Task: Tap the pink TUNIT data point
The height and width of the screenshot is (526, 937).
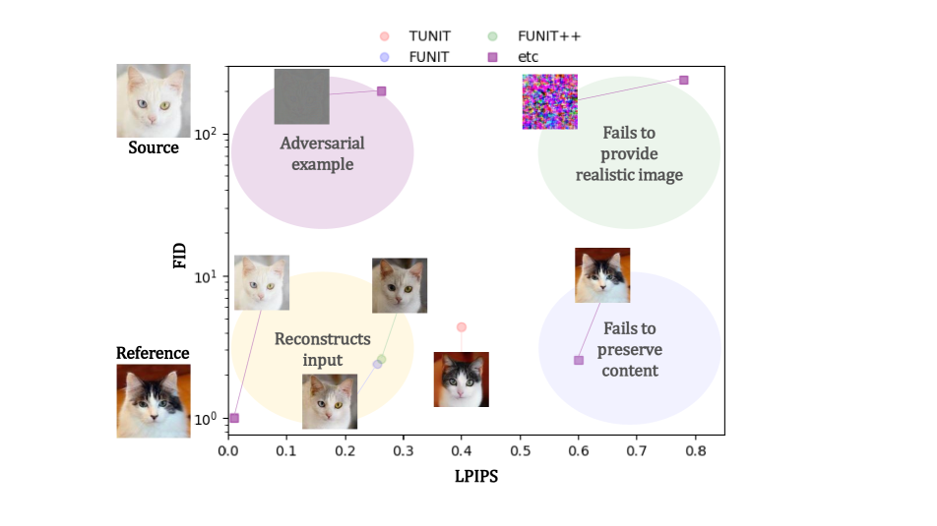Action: tap(461, 326)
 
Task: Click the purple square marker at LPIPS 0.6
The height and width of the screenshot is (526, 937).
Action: tap(579, 360)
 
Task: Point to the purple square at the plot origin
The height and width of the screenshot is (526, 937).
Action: tap(234, 418)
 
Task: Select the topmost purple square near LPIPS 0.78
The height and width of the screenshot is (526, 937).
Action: tap(684, 80)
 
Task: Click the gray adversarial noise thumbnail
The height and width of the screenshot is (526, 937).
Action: tap(301, 96)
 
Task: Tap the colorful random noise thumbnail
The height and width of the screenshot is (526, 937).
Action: tap(549, 101)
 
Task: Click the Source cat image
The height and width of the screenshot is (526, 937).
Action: tap(154, 100)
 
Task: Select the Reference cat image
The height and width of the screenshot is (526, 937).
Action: tap(154, 400)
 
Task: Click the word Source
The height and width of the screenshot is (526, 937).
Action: tap(154, 148)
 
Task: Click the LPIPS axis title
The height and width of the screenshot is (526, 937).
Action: tap(476, 478)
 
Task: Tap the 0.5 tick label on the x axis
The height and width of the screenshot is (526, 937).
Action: tap(520, 452)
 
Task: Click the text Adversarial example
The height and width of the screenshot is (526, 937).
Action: tap(323, 153)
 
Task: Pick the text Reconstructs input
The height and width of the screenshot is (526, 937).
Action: tap(322, 349)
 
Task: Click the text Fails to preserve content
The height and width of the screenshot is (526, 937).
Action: tap(630, 349)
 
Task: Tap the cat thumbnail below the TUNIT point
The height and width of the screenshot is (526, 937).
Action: tap(462, 380)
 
